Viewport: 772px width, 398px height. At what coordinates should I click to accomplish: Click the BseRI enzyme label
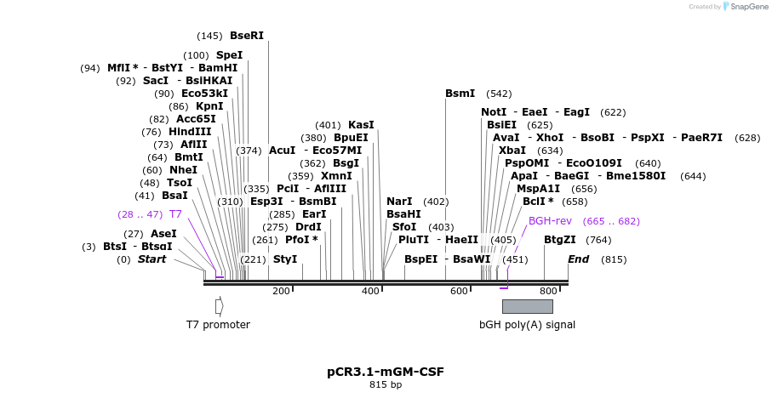coord(247,36)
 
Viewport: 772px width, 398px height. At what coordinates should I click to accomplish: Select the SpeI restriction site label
coord(229,55)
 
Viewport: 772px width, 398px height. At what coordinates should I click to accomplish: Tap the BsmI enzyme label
coord(460,94)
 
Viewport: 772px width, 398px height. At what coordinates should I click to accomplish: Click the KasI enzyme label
coord(361,125)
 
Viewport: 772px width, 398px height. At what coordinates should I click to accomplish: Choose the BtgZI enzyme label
coord(560,240)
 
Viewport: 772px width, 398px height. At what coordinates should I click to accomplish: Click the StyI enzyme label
coord(285,259)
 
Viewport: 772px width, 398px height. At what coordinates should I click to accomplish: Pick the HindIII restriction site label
coord(190,132)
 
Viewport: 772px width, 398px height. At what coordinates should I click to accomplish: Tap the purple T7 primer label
coord(175,214)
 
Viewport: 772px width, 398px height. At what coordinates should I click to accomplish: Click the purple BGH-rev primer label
coord(550,221)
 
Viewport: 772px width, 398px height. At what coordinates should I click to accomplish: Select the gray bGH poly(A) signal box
coord(527,306)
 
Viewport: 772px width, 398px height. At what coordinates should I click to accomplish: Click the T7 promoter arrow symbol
coord(219,305)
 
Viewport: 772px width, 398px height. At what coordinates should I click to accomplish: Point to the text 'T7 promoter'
coord(218,325)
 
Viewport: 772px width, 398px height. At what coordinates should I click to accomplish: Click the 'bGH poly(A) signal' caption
coord(527,325)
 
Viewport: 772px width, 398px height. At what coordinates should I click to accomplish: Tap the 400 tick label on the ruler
coord(371,292)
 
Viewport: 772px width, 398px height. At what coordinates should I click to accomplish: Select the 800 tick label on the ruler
coord(548,292)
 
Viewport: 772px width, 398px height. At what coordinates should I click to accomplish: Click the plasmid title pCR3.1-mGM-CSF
coord(386,372)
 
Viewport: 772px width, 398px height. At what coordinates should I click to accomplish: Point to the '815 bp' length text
coord(386,385)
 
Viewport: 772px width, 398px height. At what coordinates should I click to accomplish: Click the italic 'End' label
coord(579,259)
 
